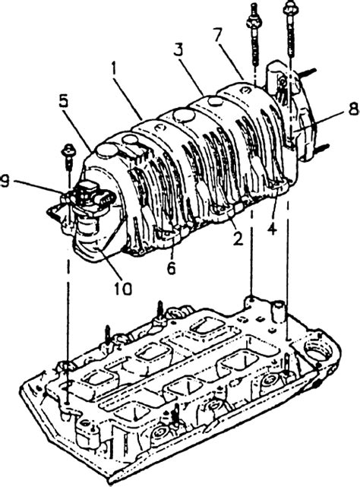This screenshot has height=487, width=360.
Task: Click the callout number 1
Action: click(114, 70)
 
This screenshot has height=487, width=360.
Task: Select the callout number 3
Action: click(178, 50)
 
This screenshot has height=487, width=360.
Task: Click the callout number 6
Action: click(172, 267)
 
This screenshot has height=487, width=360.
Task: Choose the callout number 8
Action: click(354, 109)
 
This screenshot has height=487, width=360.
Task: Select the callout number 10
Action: click(122, 289)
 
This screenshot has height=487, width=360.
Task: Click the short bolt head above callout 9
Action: click(67, 150)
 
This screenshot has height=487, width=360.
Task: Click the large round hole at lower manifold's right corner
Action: click(317, 350)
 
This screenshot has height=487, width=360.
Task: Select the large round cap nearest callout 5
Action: click(107, 150)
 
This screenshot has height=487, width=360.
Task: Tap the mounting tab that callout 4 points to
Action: click(279, 184)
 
